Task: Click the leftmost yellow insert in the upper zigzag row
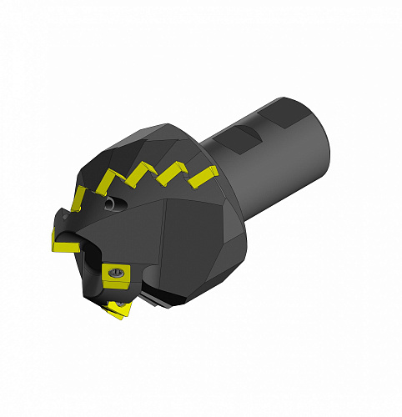pos(78,196)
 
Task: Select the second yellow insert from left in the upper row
pos(108,181)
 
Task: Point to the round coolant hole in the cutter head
pos(111,203)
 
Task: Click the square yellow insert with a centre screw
pos(114,273)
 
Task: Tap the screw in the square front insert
pos(114,272)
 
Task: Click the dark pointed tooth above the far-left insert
pos(60,219)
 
